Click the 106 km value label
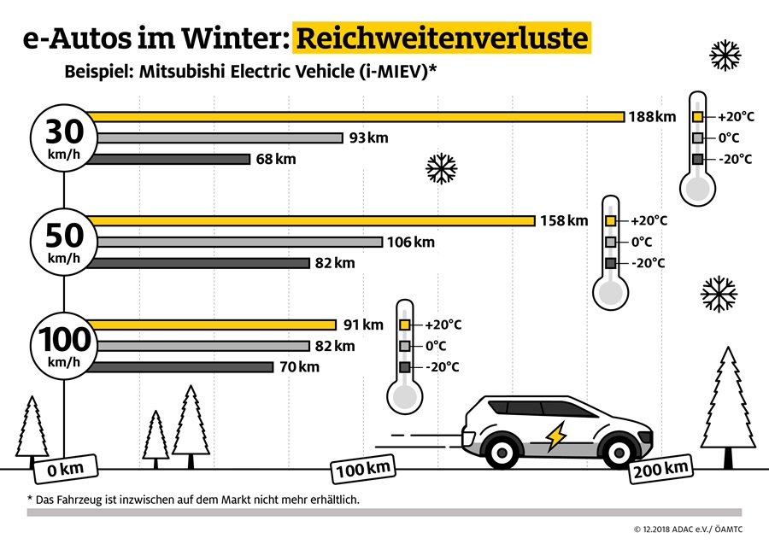(x=411, y=242)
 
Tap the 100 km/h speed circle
(x=63, y=345)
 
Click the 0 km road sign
(x=63, y=468)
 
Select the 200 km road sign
(x=660, y=468)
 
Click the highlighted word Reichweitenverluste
(x=443, y=39)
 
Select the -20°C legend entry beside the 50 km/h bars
(x=636, y=262)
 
